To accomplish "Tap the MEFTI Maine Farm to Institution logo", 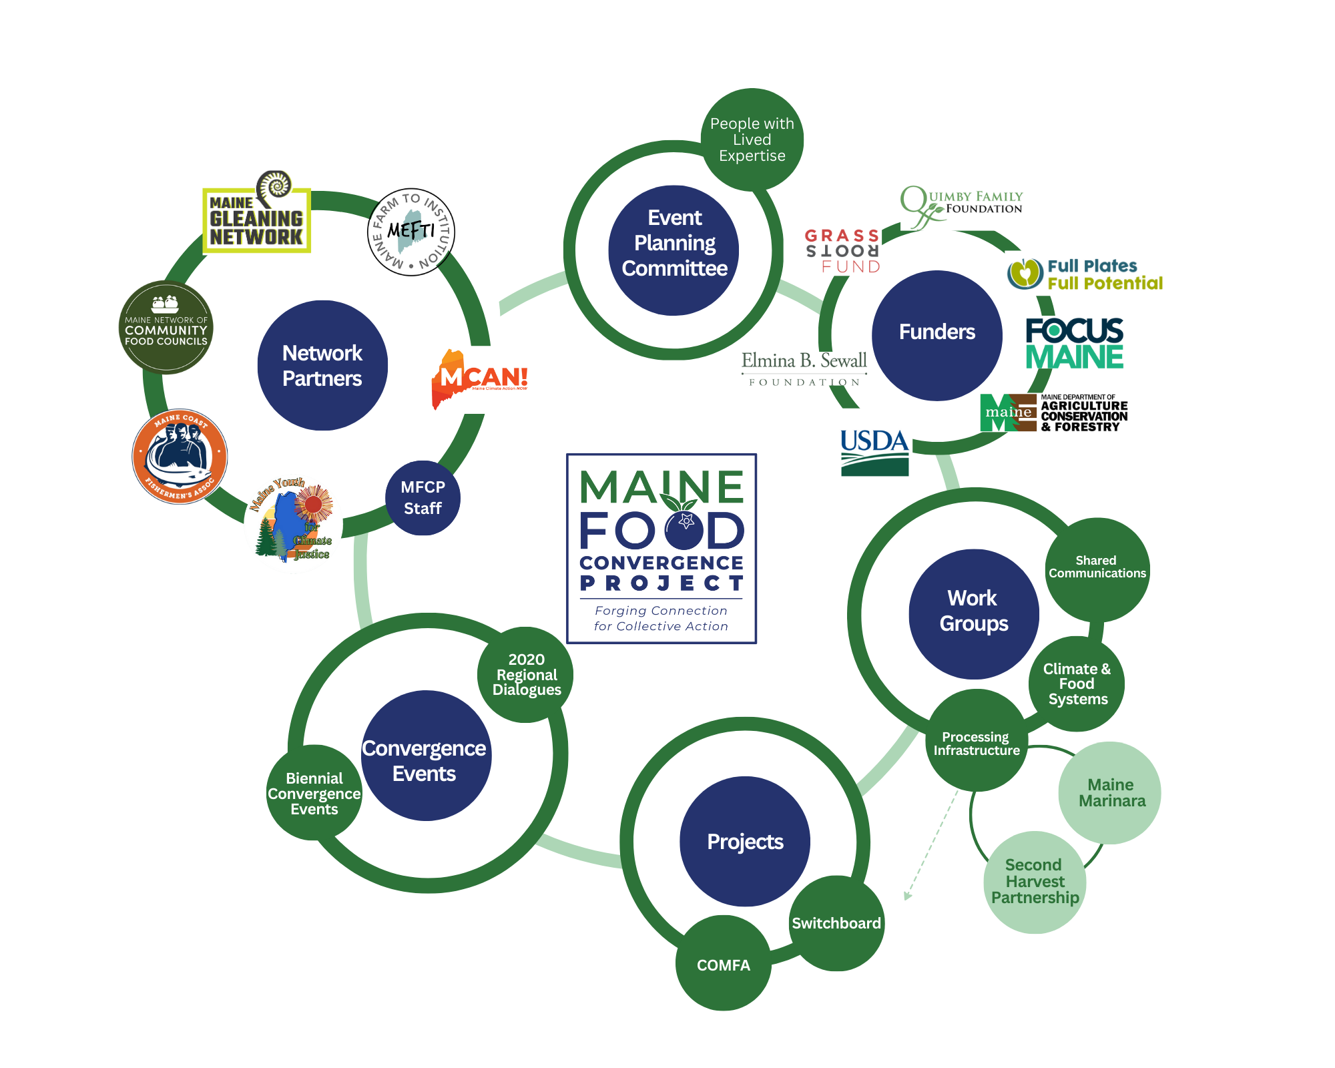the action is click(411, 232).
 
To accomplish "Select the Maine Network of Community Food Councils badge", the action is click(166, 327).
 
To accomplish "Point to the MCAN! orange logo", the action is click(480, 378).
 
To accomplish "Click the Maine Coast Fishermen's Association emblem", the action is click(180, 457).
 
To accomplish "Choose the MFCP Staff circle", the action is click(423, 498).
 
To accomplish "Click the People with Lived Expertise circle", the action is click(752, 140).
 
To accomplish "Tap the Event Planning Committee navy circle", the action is click(674, 250).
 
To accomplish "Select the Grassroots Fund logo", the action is click(842, 251).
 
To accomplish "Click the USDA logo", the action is click(874, 452).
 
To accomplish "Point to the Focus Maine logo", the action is click(1075, 344).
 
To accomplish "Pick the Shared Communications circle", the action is click(1097, 568).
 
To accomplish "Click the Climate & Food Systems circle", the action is click(1077, 684).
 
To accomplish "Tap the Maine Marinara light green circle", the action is click(1110, 793).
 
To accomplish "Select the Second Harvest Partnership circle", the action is click(1035, 882).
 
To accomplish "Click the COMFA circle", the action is click(724, 964).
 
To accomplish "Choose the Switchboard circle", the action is click(836, 923).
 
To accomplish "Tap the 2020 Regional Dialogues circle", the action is click(526, 674).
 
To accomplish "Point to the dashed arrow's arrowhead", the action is click(906, 896).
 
